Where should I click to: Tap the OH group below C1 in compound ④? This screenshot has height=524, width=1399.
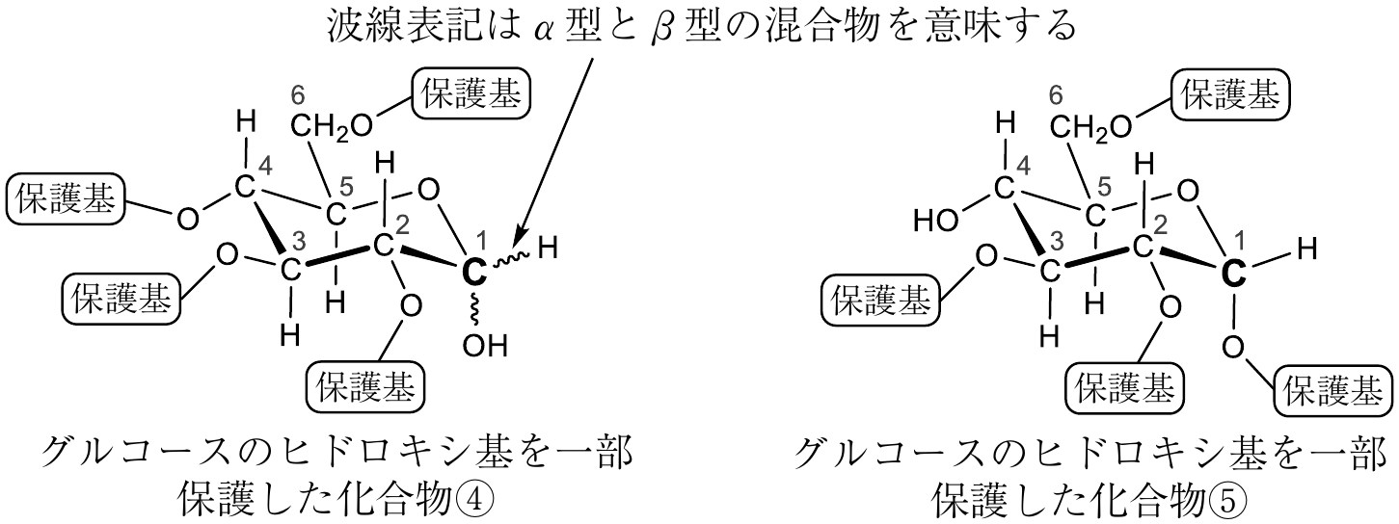485,346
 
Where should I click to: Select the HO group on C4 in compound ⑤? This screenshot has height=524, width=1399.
935,220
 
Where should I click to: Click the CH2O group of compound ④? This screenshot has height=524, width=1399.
332,127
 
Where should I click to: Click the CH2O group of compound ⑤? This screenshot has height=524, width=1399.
1090,127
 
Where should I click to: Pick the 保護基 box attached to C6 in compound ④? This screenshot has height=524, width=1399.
471,94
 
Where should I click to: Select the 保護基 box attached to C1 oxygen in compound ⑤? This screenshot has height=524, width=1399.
1332,392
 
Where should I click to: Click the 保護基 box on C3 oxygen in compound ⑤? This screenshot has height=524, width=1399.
880,301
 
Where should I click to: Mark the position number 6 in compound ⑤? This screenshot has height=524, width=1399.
1056,95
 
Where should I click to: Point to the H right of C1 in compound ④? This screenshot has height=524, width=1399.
548,249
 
